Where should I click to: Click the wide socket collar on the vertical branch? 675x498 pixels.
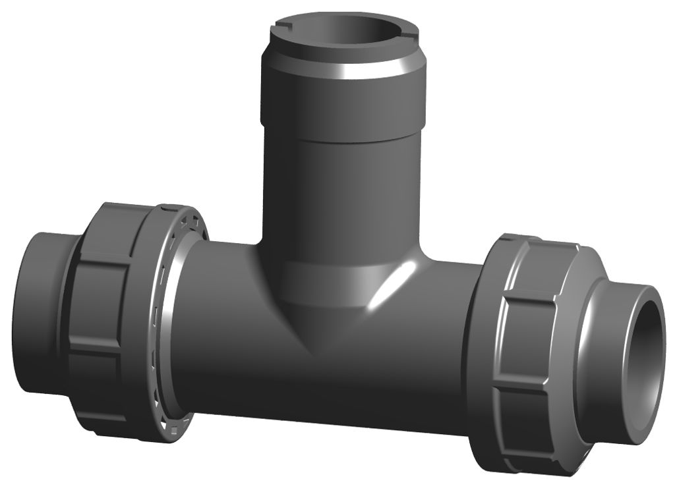(343, 99)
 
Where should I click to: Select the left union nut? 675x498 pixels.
(112, 310)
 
